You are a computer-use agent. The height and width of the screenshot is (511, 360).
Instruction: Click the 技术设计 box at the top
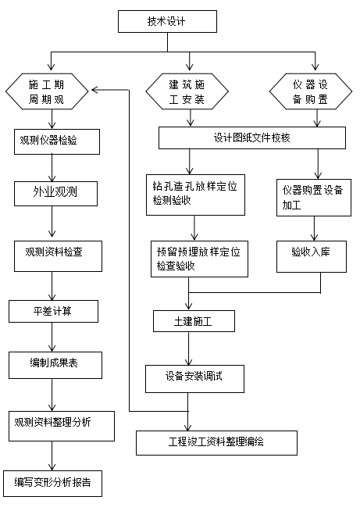tap(167, 21)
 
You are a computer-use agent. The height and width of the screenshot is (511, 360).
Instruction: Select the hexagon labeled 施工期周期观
tap(49, 91)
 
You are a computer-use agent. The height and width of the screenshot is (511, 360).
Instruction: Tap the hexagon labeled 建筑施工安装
tap(187, 91)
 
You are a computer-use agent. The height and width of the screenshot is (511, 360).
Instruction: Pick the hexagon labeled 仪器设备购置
tap(315, 91)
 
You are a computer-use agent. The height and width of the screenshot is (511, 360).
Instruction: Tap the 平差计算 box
tap(53, 311)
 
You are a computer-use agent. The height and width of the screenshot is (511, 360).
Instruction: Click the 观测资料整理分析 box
tap(63, 423)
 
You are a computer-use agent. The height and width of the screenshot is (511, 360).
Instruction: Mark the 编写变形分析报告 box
tap(52, 483)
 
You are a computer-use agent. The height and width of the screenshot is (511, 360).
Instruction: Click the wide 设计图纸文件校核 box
tap(251, 138)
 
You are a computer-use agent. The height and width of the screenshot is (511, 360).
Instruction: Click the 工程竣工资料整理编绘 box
tap(216, 442)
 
